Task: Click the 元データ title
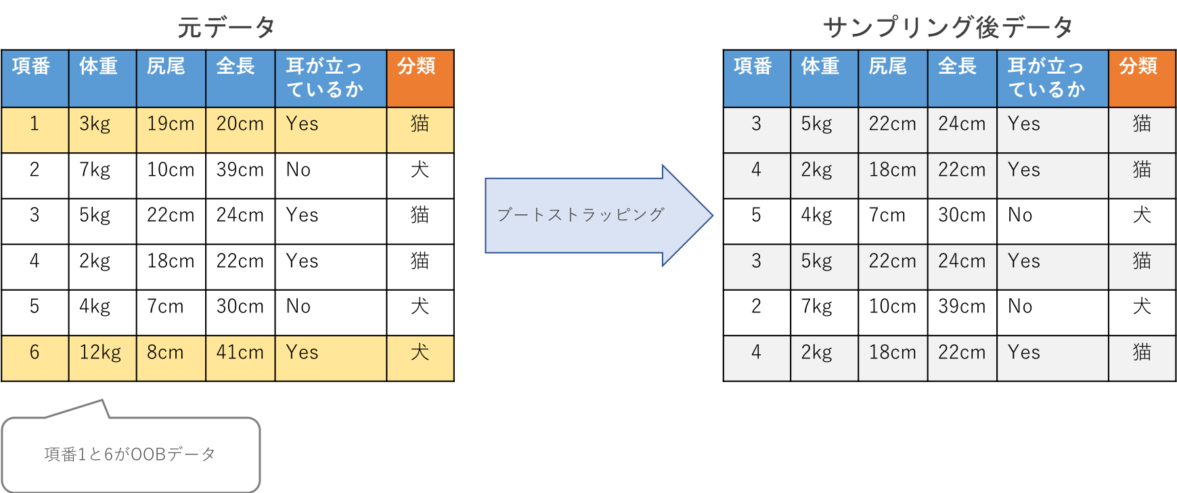(x=226, y=28)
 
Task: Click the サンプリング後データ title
(x=948, y=28)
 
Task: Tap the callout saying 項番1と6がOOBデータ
(x=130, y=454)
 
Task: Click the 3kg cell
(x=102, y=129)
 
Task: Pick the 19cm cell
(x=171, y=129)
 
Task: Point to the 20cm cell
(x=240, y=129)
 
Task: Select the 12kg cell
(x=102, y=358)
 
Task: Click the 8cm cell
(x=171, y=358)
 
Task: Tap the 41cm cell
(x=240, y=358)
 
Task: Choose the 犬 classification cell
(x=420, y=358)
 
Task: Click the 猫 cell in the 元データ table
(x=420, y=129)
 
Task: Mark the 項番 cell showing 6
(x=35, y=358)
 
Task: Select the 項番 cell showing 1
(x=35, y=129)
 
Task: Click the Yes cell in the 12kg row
(x=330, y=358)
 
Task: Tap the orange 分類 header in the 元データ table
(x=420, y=78)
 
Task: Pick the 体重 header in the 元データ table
(x=102, y=78)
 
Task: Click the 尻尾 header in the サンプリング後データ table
(x=893, y=78)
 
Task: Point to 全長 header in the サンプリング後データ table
(x=962, y=78)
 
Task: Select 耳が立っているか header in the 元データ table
(x=330, y=78)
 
